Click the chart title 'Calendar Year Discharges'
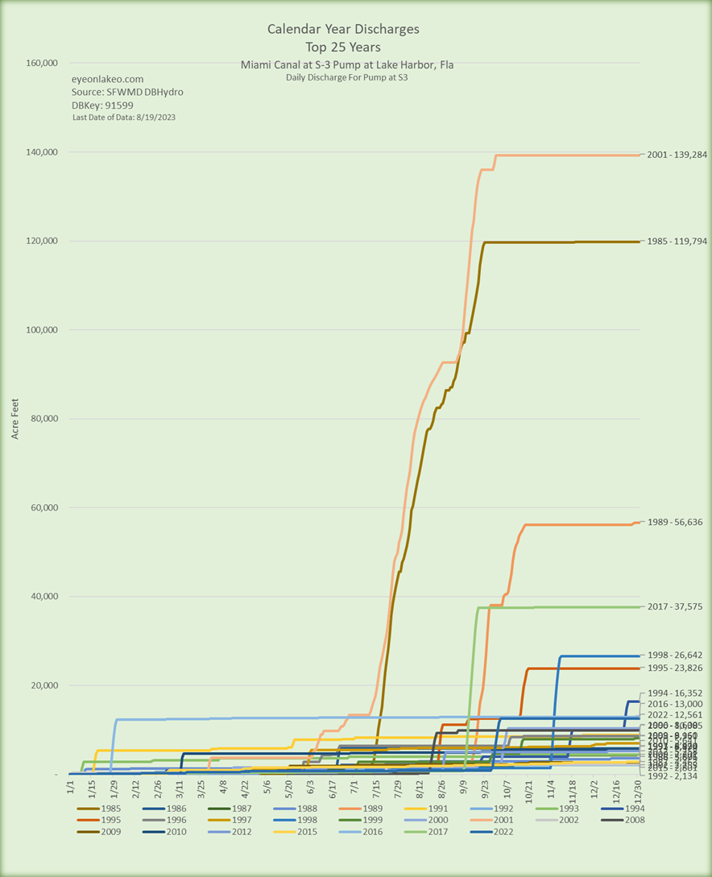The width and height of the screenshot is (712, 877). pyautogui.click(x=343, y=29)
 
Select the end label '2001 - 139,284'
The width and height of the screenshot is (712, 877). pyautogui.click(x=677, y=155)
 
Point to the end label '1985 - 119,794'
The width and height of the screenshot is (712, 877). pyautogui.click(x=677, y=241)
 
